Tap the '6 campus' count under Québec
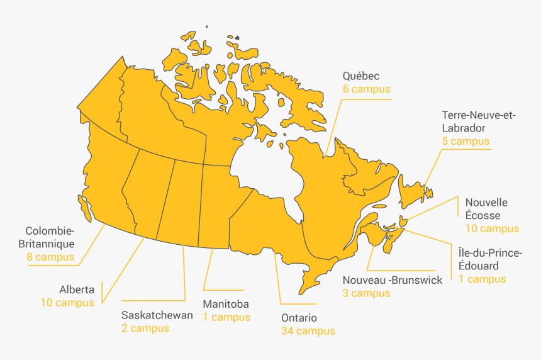366,89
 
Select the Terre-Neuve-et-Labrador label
478,121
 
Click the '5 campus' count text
466,141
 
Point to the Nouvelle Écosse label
486,209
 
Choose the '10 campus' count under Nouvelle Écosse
492,228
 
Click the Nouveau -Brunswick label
393,280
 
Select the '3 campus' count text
366,293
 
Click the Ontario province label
299,318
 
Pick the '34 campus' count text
308,331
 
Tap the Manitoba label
225,304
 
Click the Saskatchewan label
157,315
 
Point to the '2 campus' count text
145,329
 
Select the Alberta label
77,290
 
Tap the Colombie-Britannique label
50,237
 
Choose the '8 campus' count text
50,257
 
